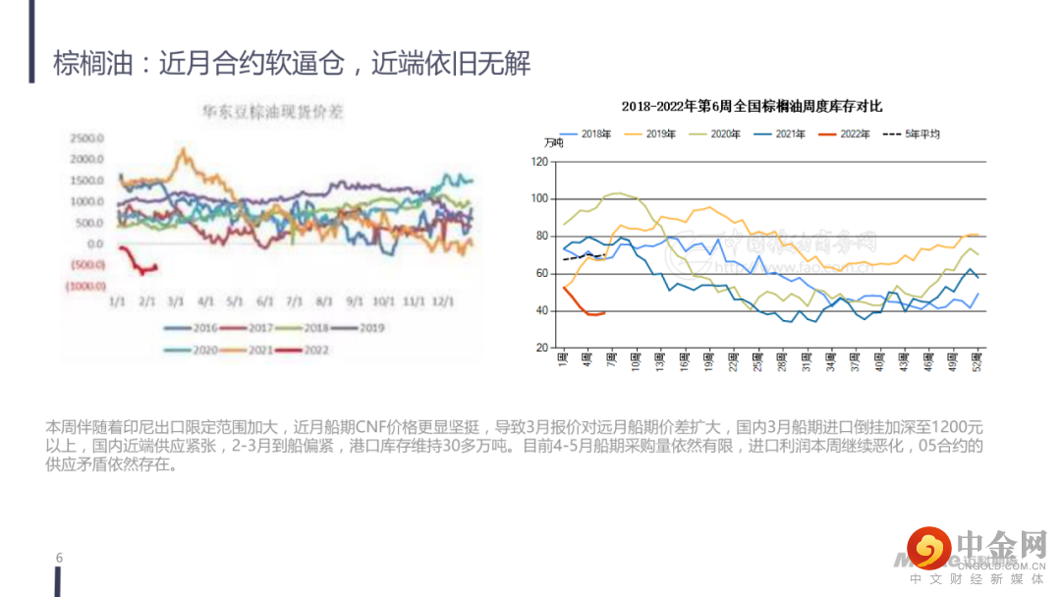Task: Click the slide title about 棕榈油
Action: click(x=292, y=64)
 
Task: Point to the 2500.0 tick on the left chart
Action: click(x=88, y=137)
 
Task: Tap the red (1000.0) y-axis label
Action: click(x=87, y=287)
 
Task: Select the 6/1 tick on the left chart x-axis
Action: click(x=264, y=300)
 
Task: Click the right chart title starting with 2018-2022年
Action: click(x=752, y=105)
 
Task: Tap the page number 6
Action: click(x=59, y=559)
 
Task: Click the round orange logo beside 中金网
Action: click(x=927, y=546)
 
